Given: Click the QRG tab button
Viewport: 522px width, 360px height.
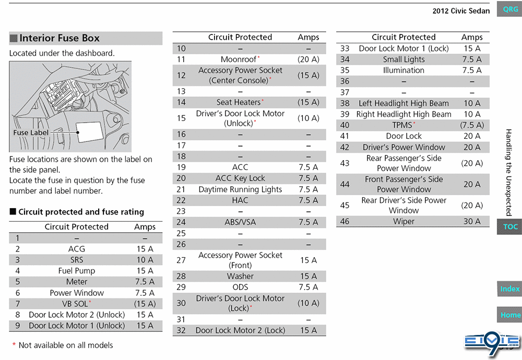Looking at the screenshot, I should tap(511, 9).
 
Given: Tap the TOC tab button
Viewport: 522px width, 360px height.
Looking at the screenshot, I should tap(509, 226).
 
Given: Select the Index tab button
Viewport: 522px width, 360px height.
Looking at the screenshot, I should tap(509, 289).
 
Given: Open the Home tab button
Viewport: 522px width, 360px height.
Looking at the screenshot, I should tap(509, 315).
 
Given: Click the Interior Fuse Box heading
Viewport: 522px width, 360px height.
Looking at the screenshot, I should tap(59, 38).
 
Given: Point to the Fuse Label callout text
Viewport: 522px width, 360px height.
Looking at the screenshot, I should tap(31, 133).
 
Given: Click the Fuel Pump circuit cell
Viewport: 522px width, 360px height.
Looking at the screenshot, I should tap(77, 271).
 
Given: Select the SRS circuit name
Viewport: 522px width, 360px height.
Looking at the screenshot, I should tap(77, 260).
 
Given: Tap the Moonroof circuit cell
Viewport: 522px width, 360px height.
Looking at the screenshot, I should tap(240, 59).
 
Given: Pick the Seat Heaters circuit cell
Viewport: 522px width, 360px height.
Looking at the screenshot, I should tap(240, 102).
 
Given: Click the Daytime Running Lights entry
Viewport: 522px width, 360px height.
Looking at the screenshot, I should tap(240, 189).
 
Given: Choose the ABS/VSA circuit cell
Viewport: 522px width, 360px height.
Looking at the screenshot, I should tap(240, 222).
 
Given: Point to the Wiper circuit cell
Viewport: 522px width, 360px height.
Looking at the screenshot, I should tap(404, 221).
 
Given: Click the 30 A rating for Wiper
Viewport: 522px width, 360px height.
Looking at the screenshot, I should tap(472, 221).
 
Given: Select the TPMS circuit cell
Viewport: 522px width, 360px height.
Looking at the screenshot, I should tap(403, 125).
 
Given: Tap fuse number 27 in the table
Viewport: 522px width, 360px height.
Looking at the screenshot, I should tap(181, 260).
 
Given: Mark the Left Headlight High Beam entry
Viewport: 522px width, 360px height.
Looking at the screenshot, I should tap(404, 103).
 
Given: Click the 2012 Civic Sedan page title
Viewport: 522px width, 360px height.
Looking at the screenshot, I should tap(461, 11).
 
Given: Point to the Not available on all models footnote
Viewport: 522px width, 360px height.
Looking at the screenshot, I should tap(63, 345).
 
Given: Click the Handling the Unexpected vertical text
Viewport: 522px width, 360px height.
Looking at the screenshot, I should tap(508, 172).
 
